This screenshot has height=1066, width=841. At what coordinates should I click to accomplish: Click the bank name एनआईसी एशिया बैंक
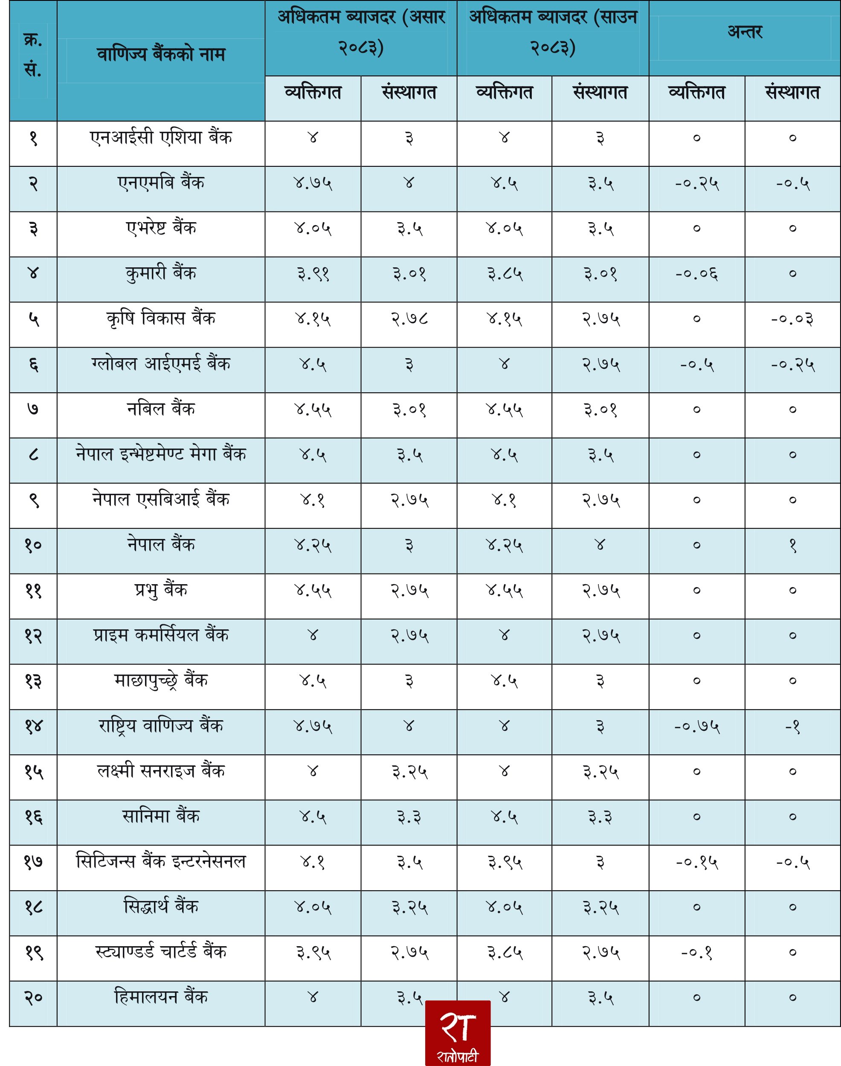(x=161, y=137)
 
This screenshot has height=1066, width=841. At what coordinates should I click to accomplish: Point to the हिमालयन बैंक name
(x=161, y=997)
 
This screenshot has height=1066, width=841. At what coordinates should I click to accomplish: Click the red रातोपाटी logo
(x=458, y=1032)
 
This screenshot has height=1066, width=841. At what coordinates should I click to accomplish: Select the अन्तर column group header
(x=745, y=32)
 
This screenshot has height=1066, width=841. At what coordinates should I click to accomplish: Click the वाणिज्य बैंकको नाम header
(x=161, y=54)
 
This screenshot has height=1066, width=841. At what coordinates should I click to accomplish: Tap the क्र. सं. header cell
(x=33, y=55)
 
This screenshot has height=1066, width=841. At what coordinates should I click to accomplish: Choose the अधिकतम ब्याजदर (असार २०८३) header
(x=361, y=32)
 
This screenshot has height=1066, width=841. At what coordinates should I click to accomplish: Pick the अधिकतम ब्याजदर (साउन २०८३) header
(x=553, y=32)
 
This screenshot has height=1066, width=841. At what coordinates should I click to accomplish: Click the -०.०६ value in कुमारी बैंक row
(x=696, y=274)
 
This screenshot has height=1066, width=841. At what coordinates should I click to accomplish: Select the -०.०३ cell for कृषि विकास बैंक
(x=792, y=319)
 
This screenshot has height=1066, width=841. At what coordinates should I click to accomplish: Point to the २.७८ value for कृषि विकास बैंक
(x=409, y=319)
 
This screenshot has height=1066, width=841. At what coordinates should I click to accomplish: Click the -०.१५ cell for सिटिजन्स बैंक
(x=697, y=862)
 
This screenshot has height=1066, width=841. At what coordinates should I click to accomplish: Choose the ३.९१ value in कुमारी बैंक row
(x=313, y=274)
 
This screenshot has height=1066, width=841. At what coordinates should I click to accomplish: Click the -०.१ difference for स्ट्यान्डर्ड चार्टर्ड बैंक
(x=696, y=953)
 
